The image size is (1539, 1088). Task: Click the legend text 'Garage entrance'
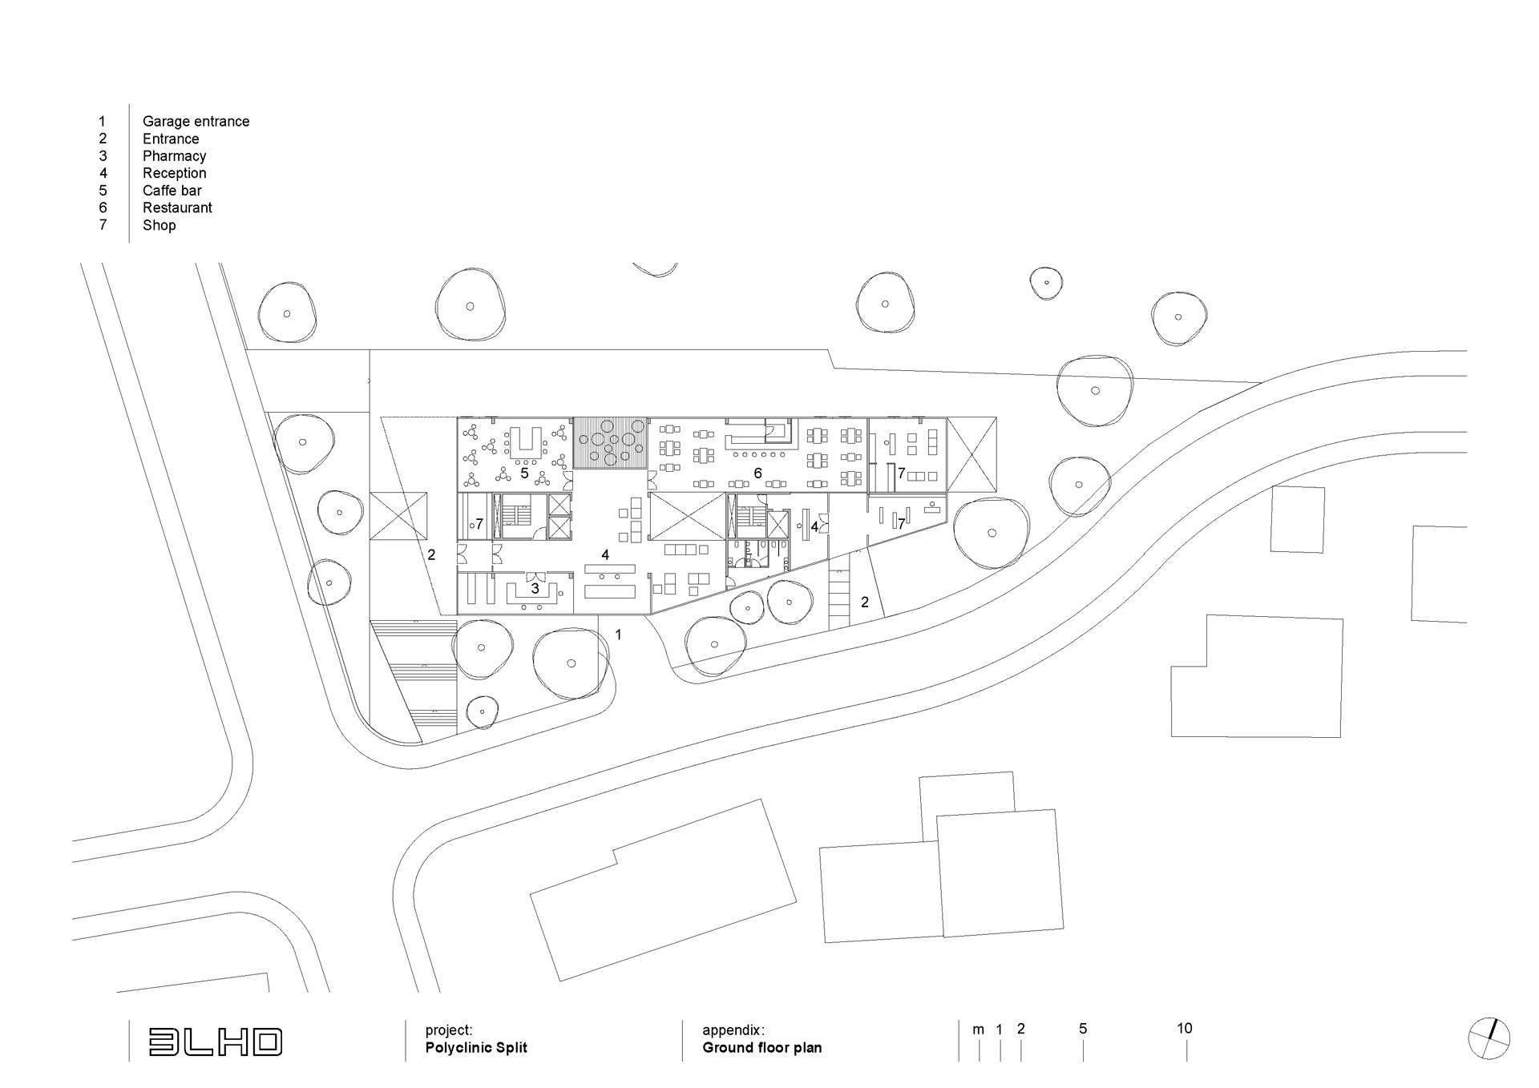tap(196, 122)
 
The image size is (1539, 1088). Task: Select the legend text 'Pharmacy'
tap(174, 156)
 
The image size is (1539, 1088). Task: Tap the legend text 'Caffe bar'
tap(172, 191)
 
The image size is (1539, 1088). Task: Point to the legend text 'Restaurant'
tap(177, 208)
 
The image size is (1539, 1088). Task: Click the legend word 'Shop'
tap(159, 225)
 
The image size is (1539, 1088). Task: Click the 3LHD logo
tap(216, 1042)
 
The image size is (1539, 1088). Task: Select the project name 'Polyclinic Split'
tap(476, 1048)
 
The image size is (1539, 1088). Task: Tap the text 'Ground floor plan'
tap(762, 1048)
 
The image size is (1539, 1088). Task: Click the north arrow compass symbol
tap(1489, 1039)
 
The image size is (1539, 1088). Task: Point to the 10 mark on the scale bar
tap(1185, 1029)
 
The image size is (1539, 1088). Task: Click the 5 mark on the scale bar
tap(1083, 1029)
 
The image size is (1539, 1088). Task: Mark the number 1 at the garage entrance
tap(618, 635)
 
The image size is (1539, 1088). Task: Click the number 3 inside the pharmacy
tap(535, 589)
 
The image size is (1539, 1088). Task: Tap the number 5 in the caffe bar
tap(524, 473)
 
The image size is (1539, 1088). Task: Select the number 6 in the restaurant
tap(757, 473)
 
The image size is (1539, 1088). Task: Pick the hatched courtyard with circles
tap(610, 443)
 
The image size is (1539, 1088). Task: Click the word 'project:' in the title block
tap(449, 1030)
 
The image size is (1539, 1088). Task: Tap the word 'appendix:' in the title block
tap(733, 1030)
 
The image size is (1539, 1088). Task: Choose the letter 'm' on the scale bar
tap(978, 1030)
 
